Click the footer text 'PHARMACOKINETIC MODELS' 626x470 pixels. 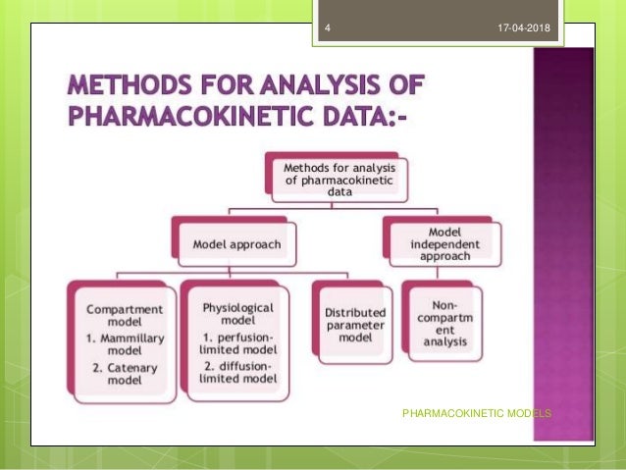pos(477,414)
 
